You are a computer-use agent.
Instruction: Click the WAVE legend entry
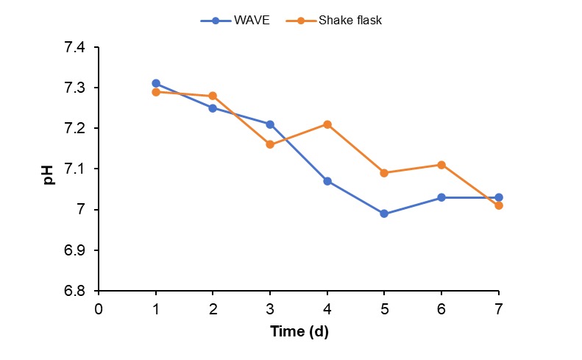click(x=235, y=21)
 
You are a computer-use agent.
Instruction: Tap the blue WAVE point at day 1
click(x=155, y=83)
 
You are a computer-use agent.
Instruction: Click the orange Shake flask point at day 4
click(x=327, y=124)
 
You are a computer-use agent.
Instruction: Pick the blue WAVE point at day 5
click(x=384, y=213)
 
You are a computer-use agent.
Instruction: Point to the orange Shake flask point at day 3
click(x=270, y=144)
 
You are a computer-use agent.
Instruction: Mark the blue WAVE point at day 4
click(x=327, y=181)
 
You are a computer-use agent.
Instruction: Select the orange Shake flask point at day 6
click(x=441, y=165)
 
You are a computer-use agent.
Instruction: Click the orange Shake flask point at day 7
click(x=499, y=205)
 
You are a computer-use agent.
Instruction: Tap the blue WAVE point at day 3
click(x=270, y=124)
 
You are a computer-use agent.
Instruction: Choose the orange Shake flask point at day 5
click(x=384, y=173)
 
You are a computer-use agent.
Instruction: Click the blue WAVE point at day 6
click(x=441, y=197)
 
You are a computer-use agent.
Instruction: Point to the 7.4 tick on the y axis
click(x=76, y=48)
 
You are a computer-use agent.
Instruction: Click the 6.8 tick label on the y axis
click(x=76, y=291)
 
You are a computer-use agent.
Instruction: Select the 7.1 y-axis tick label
click(x=76, y=169)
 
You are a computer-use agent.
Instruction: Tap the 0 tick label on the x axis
click(x=99, y=308)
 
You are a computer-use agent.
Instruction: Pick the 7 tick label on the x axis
click(x=499, y=308)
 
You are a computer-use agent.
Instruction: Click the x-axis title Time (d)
click(x=299, y=332)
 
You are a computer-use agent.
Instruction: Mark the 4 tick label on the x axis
click(x=327, y=308)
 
